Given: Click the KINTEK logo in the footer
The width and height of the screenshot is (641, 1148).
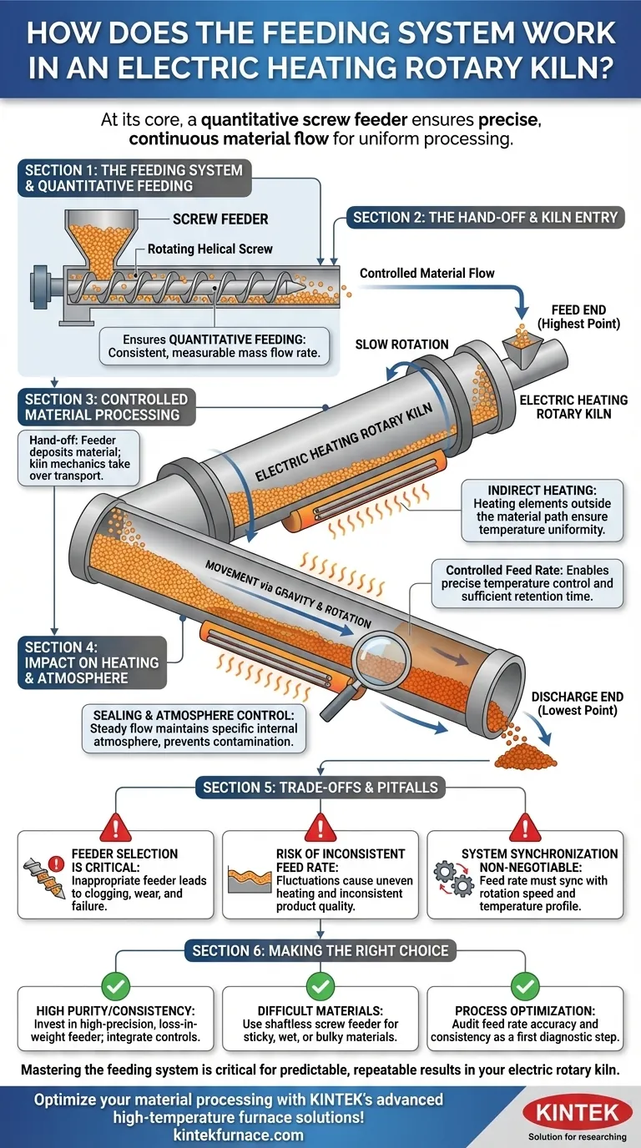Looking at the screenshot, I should coord(572,1112).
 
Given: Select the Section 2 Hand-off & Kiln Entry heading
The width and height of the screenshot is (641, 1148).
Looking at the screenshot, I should coord(485,219).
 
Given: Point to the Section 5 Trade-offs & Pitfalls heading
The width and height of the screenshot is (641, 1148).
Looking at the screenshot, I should coord(320,787).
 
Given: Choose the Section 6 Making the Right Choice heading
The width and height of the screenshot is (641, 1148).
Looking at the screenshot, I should coord(320,950).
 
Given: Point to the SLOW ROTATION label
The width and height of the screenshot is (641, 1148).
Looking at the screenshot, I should coord(401,344).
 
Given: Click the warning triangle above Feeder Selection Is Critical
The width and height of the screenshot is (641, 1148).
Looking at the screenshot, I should coord(114,827).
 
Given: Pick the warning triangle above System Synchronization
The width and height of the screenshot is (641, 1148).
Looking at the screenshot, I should coord(524,827).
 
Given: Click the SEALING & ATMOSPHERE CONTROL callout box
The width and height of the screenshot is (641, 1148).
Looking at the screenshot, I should coord(194,728).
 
